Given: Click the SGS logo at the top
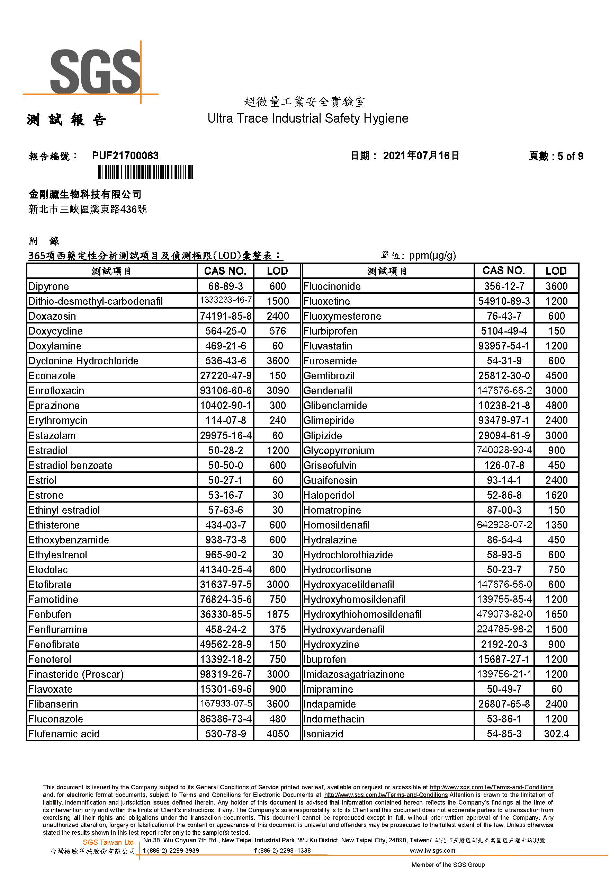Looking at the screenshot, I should point(95,71).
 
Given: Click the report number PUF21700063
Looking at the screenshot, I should point(125,156).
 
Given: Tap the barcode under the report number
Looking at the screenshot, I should point(145,172).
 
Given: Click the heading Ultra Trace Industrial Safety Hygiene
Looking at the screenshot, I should point(308,118).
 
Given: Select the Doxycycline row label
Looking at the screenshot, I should point(55,331).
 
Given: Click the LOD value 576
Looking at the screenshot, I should point(278,331).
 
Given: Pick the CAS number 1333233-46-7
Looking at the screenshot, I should point(226,300).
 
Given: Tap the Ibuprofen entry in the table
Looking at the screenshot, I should point(324,659).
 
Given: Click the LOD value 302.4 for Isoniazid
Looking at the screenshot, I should point(556,734).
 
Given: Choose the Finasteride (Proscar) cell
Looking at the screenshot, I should point(76,674).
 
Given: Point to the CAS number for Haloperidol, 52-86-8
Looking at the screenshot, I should point(504,496).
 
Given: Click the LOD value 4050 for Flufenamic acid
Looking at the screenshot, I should point(278,734).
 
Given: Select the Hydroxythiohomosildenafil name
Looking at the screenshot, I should point(362,615).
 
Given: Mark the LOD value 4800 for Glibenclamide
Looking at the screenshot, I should point(556,406).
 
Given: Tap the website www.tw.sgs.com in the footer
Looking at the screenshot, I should point(432,851).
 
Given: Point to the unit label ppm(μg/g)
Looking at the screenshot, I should point(432,255).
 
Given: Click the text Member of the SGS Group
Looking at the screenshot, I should point(448,865).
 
